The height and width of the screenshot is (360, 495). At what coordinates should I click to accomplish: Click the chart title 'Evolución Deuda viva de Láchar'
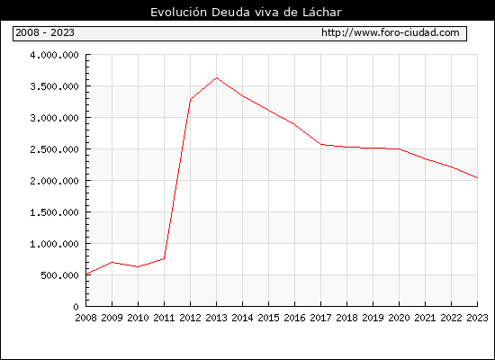pyautogui.click(x=246, y=13)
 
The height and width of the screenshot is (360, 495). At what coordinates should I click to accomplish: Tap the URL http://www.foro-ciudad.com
pyautogui.click(x=391, y=32)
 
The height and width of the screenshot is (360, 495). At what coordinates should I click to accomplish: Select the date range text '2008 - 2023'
pyautogui.click(x=45, y=32)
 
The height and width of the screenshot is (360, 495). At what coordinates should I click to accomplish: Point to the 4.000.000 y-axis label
pyautogui.click(x=54, y=55)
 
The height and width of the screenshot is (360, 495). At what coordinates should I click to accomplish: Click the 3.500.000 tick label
pyautogui.click(x=54, y=86)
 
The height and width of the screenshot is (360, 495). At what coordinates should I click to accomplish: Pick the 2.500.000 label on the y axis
pyautogui.click(x=54, y=149)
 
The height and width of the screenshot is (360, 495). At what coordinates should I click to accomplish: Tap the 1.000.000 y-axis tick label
pyautogui.click(x=54, y=244)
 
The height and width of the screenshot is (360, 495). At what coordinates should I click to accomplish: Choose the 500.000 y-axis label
pyautogui.click(x=59, y=275)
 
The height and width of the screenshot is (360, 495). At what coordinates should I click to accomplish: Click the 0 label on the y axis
pyautogui.click(x=76, y=307)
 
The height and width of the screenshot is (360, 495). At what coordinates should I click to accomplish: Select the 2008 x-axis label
pyautogui.click(x=85, y=318)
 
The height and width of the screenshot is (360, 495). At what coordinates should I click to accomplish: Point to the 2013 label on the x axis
pyautogui.click(x=216, y=318)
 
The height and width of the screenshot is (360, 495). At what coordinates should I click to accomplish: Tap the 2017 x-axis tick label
pyautogui.click(x=320, y=318)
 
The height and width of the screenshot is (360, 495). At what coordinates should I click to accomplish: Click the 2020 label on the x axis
pyautogui.click(x=399, y=318)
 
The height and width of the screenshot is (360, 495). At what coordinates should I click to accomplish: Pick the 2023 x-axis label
pyautogui.click(x=477, y=318)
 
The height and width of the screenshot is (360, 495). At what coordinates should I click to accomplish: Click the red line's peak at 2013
pyautogui.click(x=217, y=77)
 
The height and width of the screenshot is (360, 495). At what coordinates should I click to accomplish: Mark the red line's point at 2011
pyautogui.click(x=164, y=259)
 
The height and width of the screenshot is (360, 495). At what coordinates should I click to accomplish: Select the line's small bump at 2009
pyautogui.click(x=112, y=262)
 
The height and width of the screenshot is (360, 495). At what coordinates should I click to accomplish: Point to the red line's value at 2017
pyautogui.click(x=321, y=144)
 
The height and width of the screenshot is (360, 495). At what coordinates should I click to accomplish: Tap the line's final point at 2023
pyautogui.click(x=477, y=178)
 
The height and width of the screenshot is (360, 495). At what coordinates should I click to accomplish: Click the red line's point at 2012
pyautogui.click(x=191, y=100)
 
